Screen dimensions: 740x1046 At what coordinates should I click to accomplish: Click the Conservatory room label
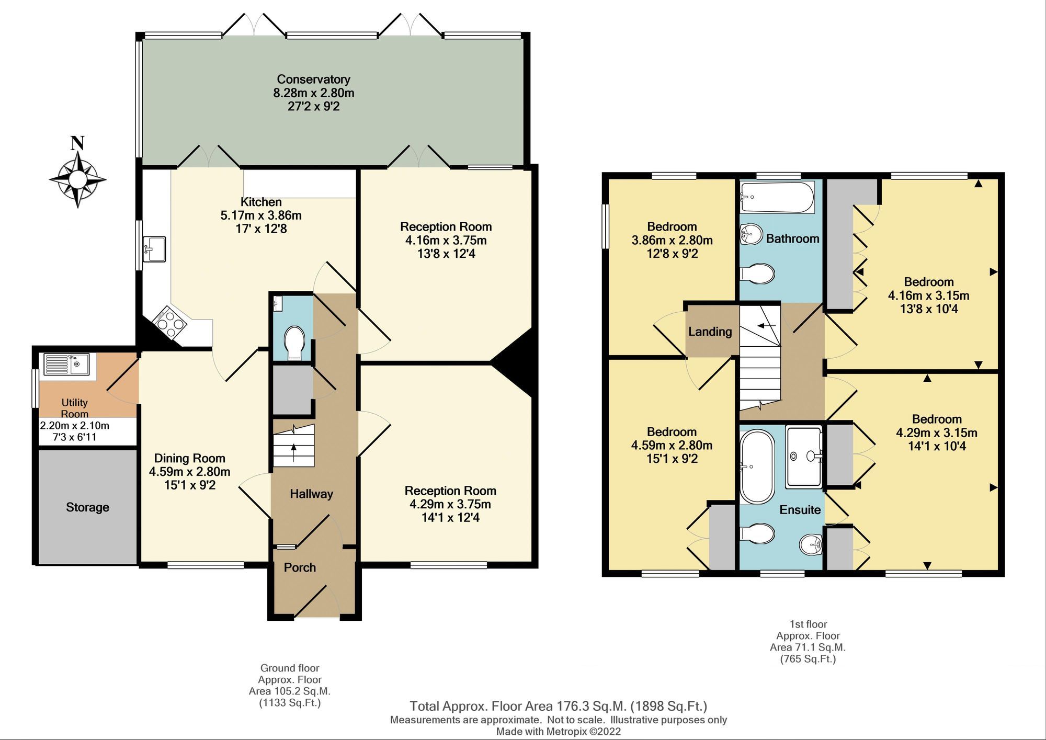313,79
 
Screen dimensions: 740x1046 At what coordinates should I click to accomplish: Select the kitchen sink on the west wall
154,248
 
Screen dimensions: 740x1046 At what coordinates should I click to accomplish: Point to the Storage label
87,507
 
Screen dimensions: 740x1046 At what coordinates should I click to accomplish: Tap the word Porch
300,567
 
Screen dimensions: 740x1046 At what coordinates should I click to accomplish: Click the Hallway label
311,494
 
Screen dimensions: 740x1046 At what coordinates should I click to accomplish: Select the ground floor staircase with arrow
294,446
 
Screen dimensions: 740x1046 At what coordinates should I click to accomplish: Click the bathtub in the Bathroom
777,197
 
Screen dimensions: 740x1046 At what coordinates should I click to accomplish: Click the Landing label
710,332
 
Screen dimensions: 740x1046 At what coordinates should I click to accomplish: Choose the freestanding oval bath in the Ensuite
757,466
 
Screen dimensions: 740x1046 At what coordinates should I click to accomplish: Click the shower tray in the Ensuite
804,456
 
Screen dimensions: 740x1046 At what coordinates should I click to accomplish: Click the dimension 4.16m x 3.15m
928,295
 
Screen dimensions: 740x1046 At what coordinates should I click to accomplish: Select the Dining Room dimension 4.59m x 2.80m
189,472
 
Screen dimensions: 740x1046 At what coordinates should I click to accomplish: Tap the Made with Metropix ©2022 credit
558,732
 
